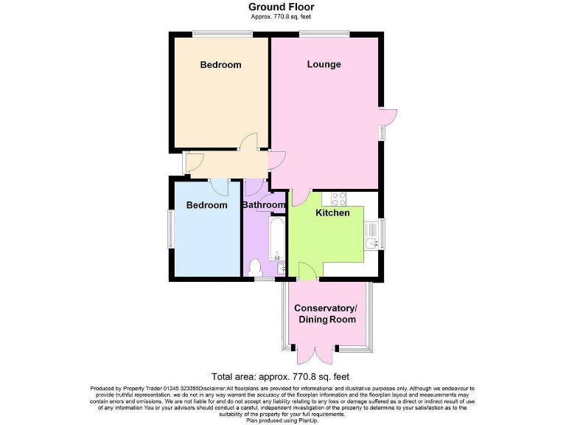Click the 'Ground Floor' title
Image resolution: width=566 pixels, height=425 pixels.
point(282,7)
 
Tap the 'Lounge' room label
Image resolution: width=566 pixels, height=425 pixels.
point(324,64)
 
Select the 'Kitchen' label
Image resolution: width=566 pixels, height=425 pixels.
point(332,213)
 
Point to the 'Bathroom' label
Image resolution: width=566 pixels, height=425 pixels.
point(265,205)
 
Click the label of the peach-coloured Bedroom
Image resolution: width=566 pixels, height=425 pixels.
point(220,65)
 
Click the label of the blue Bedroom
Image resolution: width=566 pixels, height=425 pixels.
point(206,205)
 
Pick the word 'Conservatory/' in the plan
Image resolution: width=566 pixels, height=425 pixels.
point(325,308)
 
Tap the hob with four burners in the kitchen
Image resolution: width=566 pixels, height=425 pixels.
point(339,198)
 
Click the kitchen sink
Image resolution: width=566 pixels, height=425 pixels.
point(371,243)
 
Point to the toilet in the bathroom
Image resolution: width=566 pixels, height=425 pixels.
point(256,267)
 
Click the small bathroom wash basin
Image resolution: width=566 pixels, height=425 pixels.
point(282,269)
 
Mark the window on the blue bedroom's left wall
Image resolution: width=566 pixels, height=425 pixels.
point(170,229)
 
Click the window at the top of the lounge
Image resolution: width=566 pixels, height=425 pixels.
point(324,33)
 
